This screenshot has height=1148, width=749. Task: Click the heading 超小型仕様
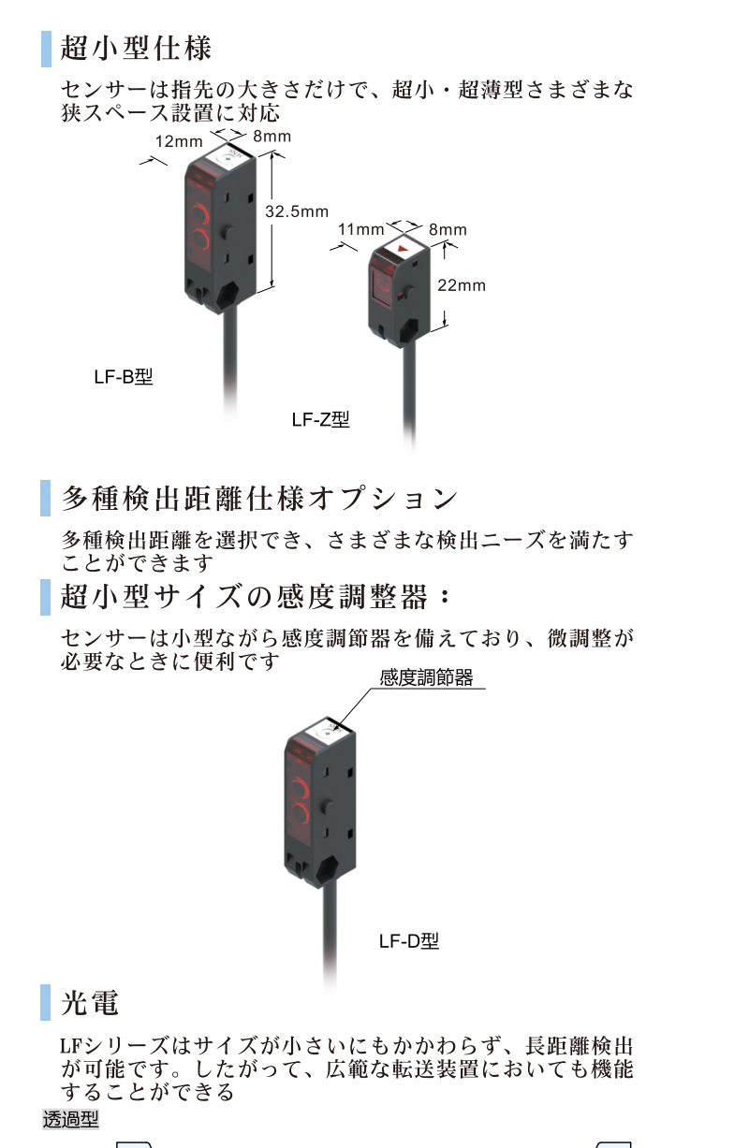click(137, 48)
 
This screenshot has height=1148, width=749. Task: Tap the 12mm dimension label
click(178, 142)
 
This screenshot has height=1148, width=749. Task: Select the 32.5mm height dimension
click(297, 211)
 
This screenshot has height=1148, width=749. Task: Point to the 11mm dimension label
click(361, 229)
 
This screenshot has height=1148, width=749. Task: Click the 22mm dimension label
click(462, 285)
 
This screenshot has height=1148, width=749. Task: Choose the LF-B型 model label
click(123, 378)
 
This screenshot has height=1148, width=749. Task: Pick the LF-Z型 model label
click(320, 420)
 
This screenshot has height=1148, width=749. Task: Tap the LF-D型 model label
click(408, 941)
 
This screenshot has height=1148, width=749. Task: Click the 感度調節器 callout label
click(426, 678)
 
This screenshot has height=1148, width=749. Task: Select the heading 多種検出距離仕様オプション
click(260, 498)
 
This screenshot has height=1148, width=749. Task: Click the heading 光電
click(90, 1003)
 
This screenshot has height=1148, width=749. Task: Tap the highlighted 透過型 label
click(70, 1118)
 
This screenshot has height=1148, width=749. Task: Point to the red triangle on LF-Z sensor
click(404, 250)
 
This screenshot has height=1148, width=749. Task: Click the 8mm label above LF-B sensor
click(272, 137)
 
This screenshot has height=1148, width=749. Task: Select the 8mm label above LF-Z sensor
click(448, 229)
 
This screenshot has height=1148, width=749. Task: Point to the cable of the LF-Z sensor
click(410, 393)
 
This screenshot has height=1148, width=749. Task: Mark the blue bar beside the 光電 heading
click(46, 1003)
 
